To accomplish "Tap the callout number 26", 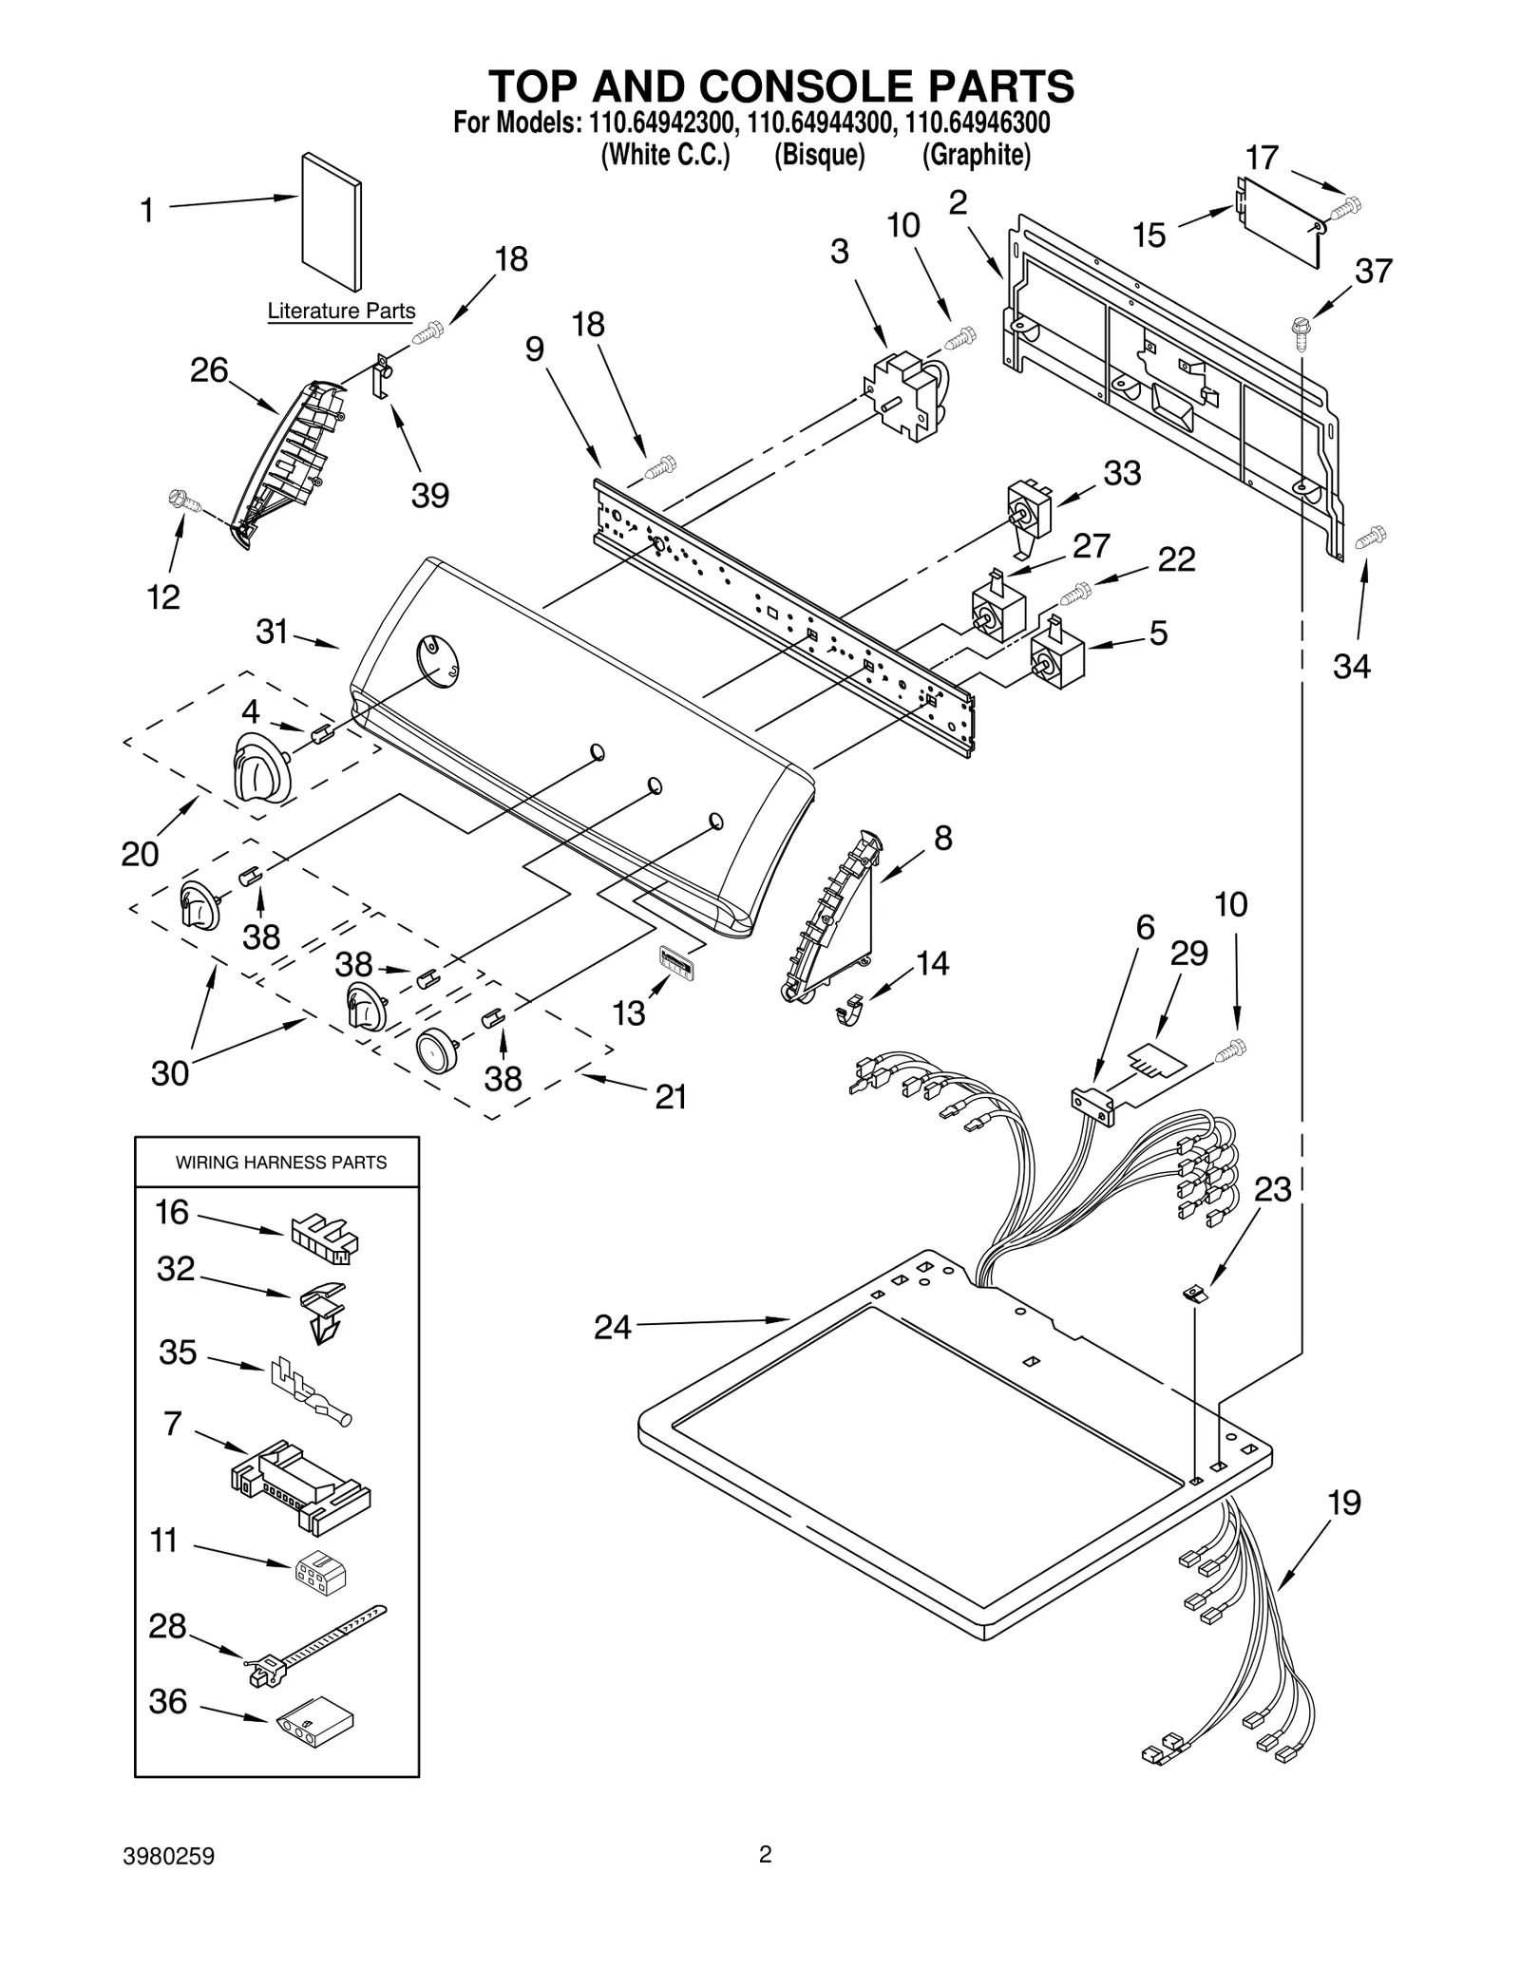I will click(x=208, y=369).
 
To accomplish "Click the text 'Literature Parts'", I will click(x=341, y=311).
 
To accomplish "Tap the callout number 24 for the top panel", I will click(x=613, y=1327).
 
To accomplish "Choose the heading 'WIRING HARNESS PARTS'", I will click(x=281, y=1163).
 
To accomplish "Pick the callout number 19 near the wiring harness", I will click(x=1343, y=1503).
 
